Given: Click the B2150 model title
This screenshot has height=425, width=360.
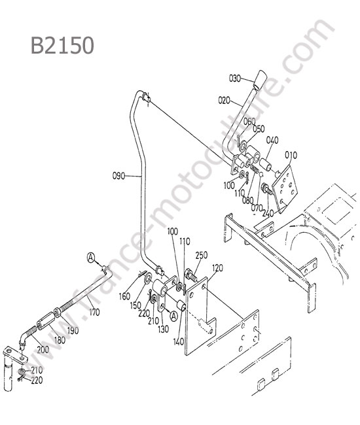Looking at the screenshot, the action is pos(63,46).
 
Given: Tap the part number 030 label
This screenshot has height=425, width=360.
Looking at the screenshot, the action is pos(235,78).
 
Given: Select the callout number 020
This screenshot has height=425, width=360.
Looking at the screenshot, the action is pos(224,101).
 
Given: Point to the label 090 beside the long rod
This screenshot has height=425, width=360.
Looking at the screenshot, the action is pos(119,176).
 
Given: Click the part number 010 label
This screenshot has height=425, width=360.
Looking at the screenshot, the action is pos(291,155).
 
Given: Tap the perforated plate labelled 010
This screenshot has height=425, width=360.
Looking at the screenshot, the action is pos(285,189).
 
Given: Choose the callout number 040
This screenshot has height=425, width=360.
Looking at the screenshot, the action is pos(272,140).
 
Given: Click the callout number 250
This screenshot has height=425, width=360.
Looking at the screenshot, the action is pos(202,255).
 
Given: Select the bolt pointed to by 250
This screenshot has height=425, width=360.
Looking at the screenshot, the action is pos(192,275).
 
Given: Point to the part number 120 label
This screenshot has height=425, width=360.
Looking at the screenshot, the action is pos(217,268).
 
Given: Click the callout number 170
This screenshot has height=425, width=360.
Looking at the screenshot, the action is pos(94,312).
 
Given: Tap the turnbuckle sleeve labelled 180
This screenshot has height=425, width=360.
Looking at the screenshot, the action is pos(46,320).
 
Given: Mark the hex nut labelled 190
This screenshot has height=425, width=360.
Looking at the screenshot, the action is pos(58,313).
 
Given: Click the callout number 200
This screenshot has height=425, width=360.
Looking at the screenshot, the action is pos(43,350).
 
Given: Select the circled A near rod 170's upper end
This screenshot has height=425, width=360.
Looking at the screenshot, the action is pos(92,257).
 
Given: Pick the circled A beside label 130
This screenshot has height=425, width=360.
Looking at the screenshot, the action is pos(173,316).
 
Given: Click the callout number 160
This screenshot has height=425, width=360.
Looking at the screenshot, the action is pos(124,297).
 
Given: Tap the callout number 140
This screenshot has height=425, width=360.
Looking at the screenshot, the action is pos(179,342).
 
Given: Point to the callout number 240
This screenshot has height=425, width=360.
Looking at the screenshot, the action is pos(268,213).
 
